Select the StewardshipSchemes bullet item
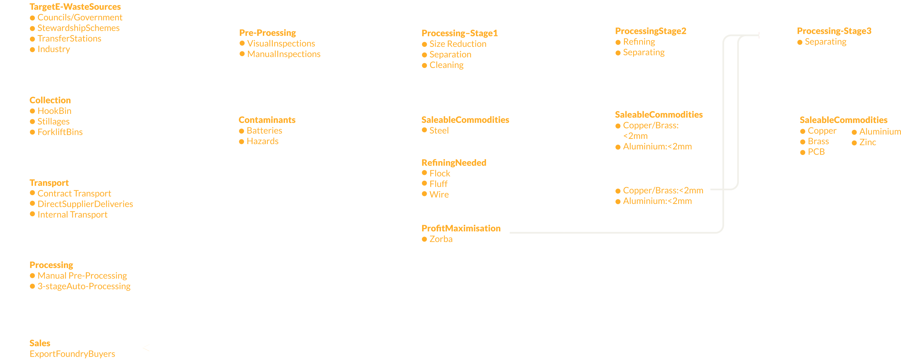[78, 28]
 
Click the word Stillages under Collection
[53, 122]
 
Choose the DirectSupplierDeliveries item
[85, 204]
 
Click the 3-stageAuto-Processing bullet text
[84, 286]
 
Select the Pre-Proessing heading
[267, 33]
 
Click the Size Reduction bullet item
[457, 44]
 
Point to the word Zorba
[441, 239]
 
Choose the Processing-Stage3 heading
[834, 31]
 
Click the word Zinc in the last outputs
[867, 142]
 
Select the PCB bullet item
[816, 152]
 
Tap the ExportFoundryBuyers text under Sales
[72, 354]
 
